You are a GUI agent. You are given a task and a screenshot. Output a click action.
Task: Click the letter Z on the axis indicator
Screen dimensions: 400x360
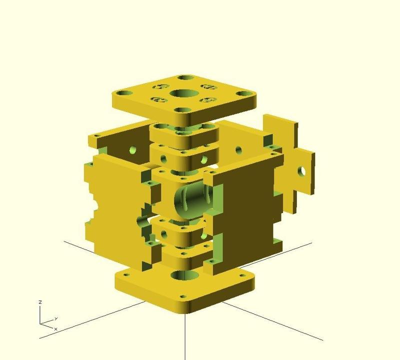pos(40,302)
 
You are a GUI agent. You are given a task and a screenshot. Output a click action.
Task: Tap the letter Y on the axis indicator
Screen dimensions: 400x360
pos(56,318)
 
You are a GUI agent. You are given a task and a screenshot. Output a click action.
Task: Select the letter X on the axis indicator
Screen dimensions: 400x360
pos(55,329)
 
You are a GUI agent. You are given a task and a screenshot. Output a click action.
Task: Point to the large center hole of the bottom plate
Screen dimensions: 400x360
pos(185,275)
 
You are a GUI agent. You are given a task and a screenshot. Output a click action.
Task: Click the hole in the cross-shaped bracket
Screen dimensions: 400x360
pos(301,171)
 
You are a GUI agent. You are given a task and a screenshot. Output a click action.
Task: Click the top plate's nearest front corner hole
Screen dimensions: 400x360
pos(182,110)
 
